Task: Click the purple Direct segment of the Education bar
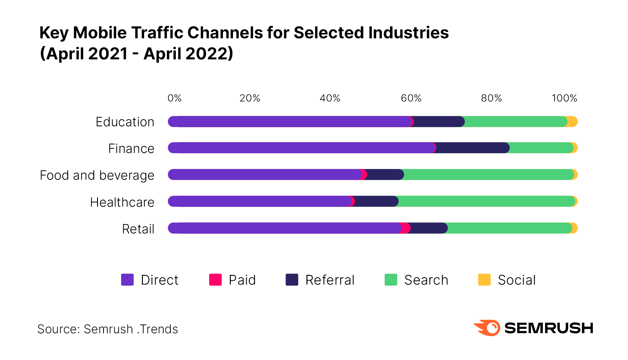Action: pyautogui.click(x=289, y=122)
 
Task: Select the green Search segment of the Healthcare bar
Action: pyautogui.click(x=485, y=201)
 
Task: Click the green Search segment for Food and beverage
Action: pyautogui.click(x=488, y=175)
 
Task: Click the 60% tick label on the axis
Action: pyautogui.click(x=411, y=98)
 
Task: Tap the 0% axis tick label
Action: pyautogui.click(x=175, y=98)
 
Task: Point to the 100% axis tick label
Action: pyautogui.click(x=564, y=98)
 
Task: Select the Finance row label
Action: pyautogui.click(x=131, y=149)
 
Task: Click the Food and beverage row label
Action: pyautogui.click(x=97, y=175)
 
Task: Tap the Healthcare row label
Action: pyautogui.click(x=122, y=202)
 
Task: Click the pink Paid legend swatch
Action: pyautogui.click(x=215, y=280)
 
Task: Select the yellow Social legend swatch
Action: pyautogui.click(x=484, y=280)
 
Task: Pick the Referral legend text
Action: pyautogui.click(x=330, y=280)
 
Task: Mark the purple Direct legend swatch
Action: pyautogui.click(x=127, y=280)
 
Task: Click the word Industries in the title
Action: pyautogui.click(x=409, y=33)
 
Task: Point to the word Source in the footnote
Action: pyautogui.click(x=58, y=329)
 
